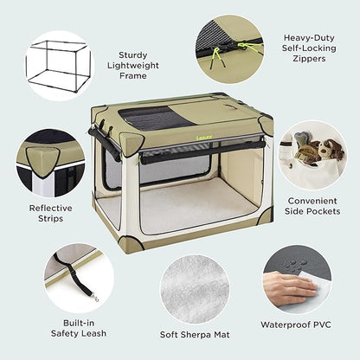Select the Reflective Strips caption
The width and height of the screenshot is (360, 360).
coord(51,213)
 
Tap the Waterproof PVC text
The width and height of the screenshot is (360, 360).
coord(296,325)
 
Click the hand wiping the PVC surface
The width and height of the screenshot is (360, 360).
coord(286,286)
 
